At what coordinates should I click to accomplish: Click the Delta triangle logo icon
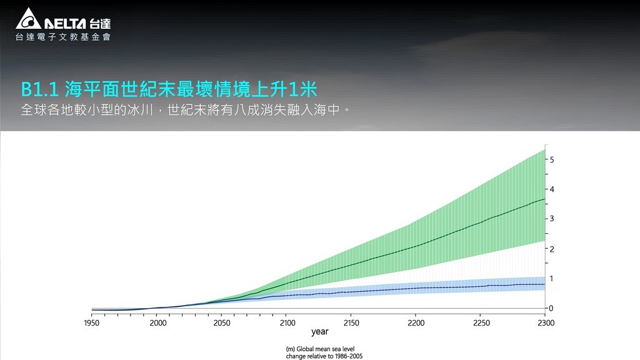tap(28, 19)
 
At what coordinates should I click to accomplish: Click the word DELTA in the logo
tap(65, 24)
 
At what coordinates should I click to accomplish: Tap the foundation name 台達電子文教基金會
tap(63, 37)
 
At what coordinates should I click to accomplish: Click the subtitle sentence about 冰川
tap(186, 110)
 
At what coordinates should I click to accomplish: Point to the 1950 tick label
tap(91, 323)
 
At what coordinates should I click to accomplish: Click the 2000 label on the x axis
tap(158, 323)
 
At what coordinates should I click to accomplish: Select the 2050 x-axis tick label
tap(222, 323)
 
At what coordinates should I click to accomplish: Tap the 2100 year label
tap(287, 323)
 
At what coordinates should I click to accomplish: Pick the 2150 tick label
tap(351, 323)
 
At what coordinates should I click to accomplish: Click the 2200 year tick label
tap(416, 323)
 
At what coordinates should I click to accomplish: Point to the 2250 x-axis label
tap(481, 323)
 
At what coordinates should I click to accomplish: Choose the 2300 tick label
tap(546, 323)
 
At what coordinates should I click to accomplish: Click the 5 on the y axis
tap(552, 159)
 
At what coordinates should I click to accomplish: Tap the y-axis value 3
tap(552, 219)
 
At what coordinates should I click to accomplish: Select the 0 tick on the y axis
tap(551, 309)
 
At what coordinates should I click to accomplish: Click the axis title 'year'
tap(320, 332)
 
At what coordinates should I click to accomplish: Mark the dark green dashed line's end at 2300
tap(545, 199)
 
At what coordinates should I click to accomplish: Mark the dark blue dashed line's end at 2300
tap(545, 284)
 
